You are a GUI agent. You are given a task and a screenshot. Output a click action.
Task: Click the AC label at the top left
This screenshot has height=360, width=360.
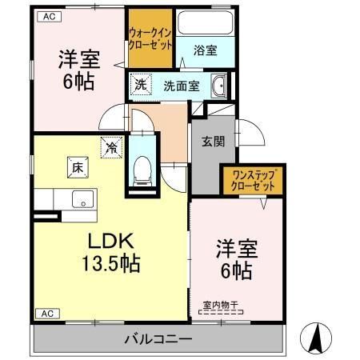49,15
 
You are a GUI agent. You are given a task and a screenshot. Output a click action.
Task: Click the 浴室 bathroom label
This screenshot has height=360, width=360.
204,50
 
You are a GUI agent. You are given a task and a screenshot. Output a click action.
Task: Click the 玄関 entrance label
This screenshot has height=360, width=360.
212,142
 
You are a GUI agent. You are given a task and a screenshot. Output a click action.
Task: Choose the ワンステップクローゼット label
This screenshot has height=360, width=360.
254,179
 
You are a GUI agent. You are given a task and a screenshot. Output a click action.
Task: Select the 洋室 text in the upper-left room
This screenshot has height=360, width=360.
78,59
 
